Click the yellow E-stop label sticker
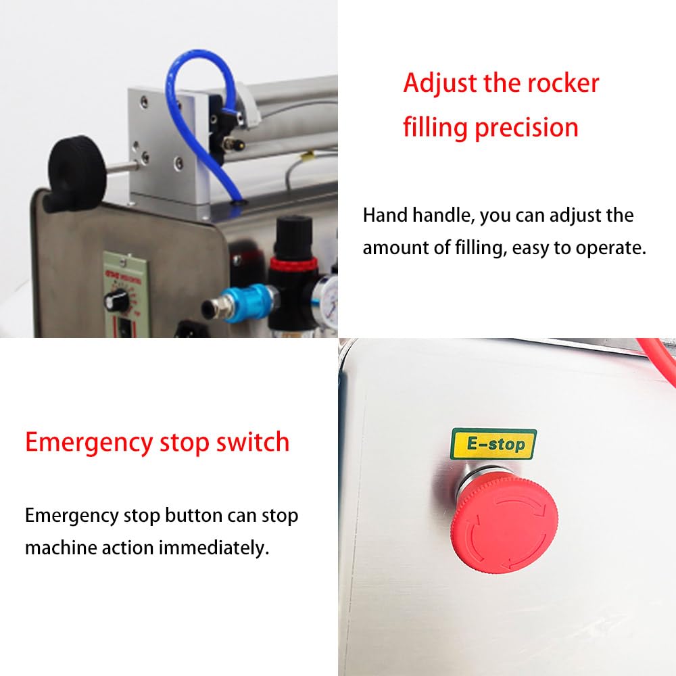[493, 444]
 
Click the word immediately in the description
[214, 548]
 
